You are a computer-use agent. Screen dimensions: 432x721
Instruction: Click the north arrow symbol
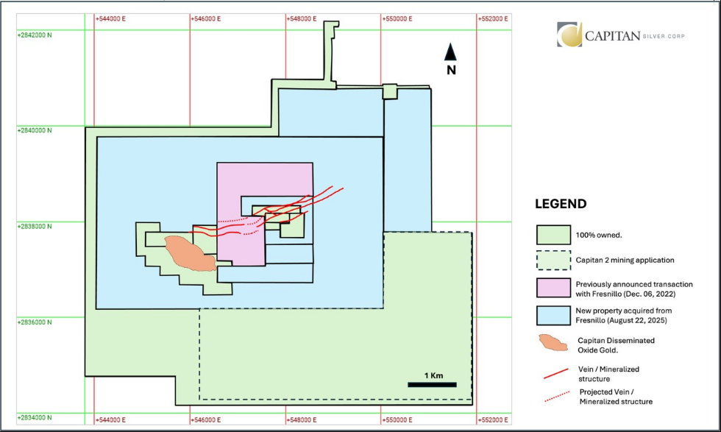click(452, 52)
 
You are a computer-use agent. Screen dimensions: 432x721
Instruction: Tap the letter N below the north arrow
click(452, 70)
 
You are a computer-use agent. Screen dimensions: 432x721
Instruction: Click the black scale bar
click(433, 384)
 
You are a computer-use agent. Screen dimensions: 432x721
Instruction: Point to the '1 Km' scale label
click(433, 375)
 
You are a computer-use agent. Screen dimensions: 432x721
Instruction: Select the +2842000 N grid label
click(35, 34)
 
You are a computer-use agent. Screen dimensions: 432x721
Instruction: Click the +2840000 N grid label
click(35, 130)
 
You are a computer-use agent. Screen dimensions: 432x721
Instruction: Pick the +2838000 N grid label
click(35, 227)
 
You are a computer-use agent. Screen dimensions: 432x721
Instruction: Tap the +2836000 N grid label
click(35, 322)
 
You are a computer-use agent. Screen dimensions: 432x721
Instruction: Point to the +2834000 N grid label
click(35, 418)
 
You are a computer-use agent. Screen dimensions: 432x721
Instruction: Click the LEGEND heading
click(561, 204)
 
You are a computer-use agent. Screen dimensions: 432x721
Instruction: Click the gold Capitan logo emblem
click(569, 35)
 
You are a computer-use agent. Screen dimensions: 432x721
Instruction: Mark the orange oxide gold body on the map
click(188, 252)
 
